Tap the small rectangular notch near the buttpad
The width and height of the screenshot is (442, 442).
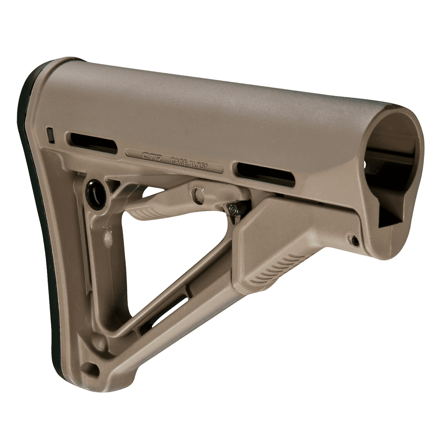click(51, 134)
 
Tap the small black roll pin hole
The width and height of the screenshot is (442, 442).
click(354, 241)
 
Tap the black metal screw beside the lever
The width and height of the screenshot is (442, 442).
click(233, 209)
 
